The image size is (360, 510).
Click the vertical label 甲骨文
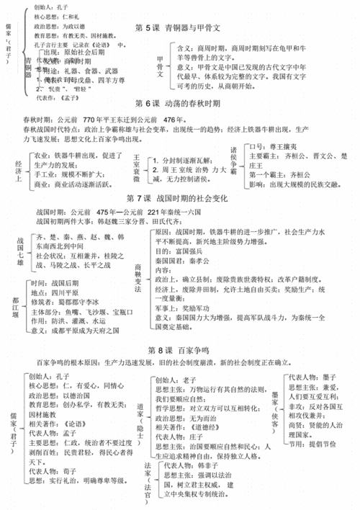161,66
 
